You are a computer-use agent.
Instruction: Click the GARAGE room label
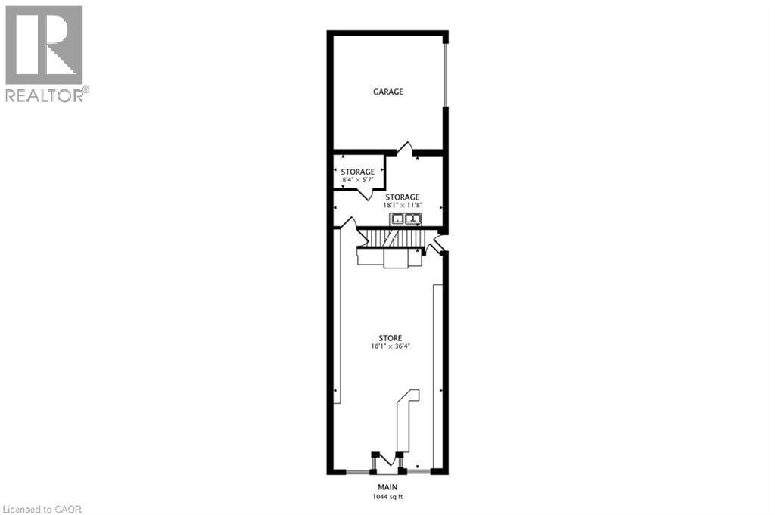click(x=387, y=92)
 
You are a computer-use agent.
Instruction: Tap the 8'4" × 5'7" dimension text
click(x=357, y=181)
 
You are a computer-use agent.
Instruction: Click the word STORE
click(x=391, y=338)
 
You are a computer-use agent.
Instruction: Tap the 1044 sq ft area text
click(x=388, y=496)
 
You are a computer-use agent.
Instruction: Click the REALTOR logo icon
click(x=44, y=45)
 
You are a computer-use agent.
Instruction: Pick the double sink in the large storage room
click(x=405, y=219)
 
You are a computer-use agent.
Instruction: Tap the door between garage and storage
click(x=405, y=148)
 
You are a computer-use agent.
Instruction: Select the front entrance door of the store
click(x=388, y=460)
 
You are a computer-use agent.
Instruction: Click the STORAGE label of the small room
click(x=357, y=172)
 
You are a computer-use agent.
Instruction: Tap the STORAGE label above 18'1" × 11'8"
click(x=403, y=197)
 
